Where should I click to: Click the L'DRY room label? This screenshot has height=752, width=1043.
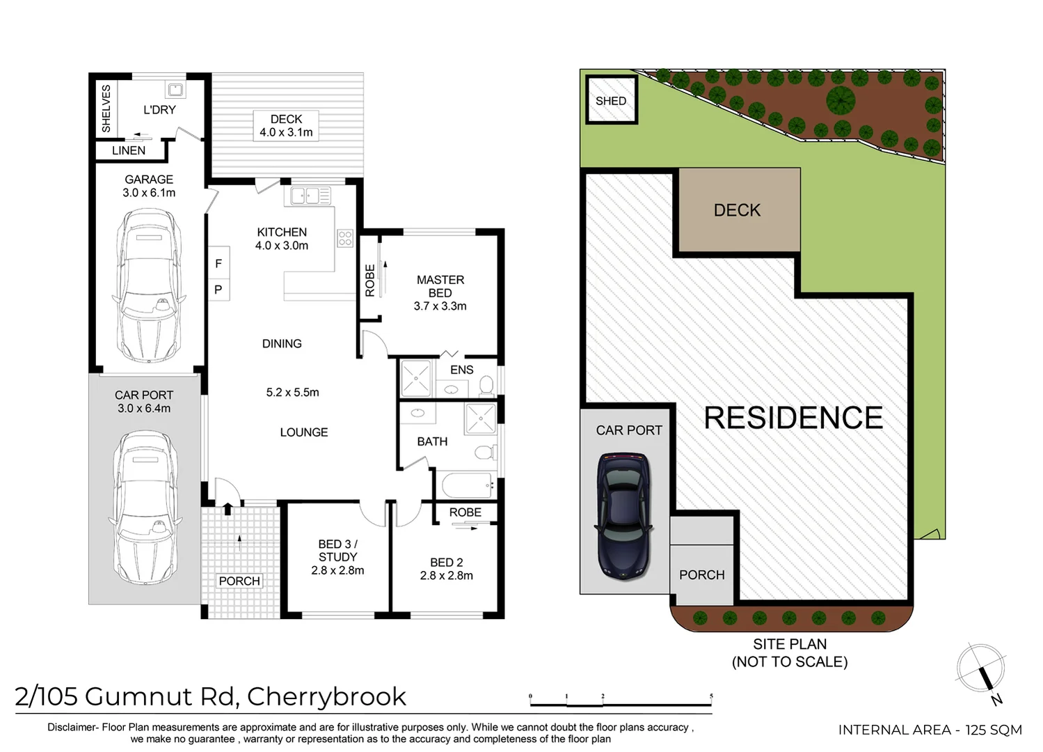159,109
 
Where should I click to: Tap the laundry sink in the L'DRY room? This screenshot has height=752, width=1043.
175,89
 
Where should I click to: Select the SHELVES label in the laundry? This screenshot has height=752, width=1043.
106,108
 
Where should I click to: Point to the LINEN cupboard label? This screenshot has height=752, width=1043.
129,150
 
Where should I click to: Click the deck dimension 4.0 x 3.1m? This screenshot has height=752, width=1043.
286,132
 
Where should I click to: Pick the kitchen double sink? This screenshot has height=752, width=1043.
310,196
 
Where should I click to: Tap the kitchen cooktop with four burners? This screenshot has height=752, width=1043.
345,238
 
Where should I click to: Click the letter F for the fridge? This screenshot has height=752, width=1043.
218,263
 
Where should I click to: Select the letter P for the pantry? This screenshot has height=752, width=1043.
218,290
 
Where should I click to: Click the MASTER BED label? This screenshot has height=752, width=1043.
440,286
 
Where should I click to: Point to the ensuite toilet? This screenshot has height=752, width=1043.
486,385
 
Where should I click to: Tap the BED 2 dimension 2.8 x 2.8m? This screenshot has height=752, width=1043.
446,576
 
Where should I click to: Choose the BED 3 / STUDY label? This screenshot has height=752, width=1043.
337,550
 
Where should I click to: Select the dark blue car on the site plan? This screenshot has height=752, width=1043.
624,515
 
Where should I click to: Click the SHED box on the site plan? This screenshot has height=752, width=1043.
611,101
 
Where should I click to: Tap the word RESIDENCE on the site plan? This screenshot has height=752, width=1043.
793,418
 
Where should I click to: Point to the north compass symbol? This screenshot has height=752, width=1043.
981,670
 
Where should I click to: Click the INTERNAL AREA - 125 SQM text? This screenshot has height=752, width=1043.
930,730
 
